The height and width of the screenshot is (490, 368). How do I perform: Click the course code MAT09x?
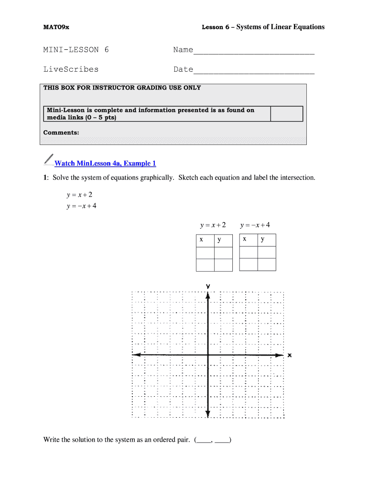click(x=56, y=27)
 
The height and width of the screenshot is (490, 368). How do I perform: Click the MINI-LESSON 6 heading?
click(x=76, y=49)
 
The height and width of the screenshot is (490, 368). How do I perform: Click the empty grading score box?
click(x=287, y=114)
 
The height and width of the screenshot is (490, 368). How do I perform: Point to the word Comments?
click(x=61, y=133)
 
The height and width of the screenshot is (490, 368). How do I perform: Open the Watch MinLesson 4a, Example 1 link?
click(x=105, y=164)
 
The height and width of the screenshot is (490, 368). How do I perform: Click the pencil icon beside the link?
click(x=48, y=159)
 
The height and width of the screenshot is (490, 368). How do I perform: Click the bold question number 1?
click(x=45, y=178)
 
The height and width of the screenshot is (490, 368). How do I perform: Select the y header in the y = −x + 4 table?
click(x=263, y=239)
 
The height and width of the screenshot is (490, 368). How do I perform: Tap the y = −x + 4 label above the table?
click(x=259, y=225)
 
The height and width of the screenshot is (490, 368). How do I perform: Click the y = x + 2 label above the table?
click(x=213, y=225)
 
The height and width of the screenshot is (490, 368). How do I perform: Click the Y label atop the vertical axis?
click(x=208, y=286)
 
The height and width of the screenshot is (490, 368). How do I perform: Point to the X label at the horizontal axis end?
click(x=290, y=355)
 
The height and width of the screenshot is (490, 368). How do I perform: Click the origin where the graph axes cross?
click(x=208, y=355)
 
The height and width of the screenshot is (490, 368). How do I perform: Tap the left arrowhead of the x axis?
click(x=135, y=355)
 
